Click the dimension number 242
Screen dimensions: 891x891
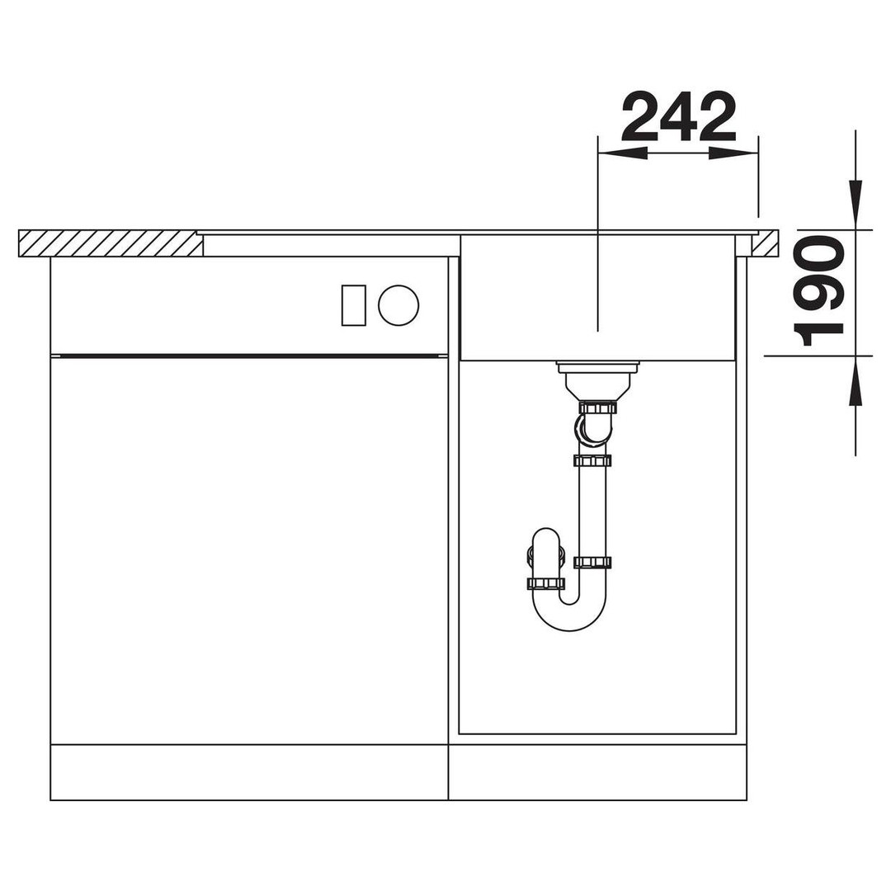(x=679, y=116)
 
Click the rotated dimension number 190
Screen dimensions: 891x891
(x=818, y=291)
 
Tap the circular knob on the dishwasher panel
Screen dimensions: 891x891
(x=398, y=305)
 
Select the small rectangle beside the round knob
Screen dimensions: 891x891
(x=353, y=305)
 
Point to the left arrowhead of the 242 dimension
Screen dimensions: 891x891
(x=623, y=153)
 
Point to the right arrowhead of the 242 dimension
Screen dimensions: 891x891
(x=733, y=153)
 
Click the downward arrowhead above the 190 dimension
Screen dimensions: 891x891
(x=856, y=205)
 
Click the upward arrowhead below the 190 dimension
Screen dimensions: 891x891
(x=856, y=380)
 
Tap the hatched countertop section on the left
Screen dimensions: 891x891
(x=111, y=243)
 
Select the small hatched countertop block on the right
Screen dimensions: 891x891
(x=766, y=243)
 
